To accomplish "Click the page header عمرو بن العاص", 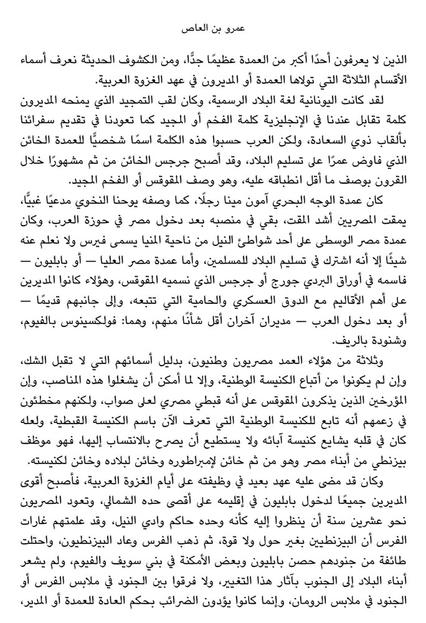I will (212, 29).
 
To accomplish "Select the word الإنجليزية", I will (281, 118).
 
